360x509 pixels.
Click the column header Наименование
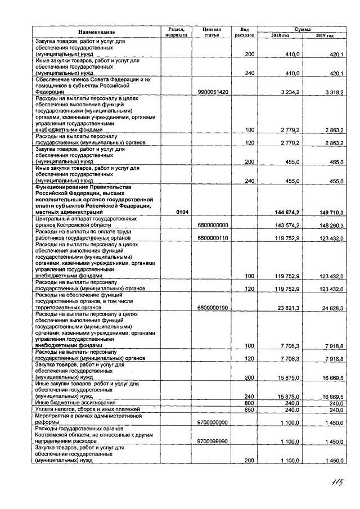click(96, 32)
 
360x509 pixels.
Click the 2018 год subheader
click(280, 35)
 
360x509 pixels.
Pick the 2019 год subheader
click(325, 35)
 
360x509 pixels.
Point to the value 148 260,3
click(330, 225)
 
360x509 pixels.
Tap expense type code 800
click(250, 403)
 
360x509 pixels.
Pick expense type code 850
click(250, 409)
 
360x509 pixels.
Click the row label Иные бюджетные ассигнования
click(75, 403)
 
